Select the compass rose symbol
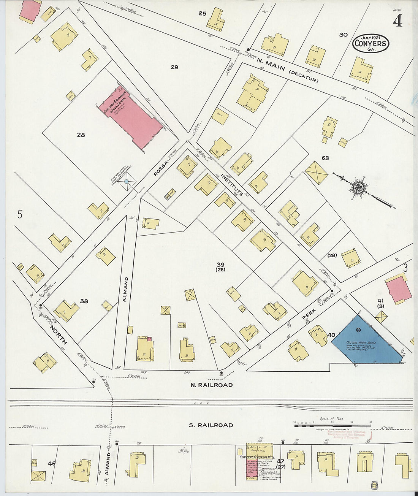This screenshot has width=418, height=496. pos(358,187)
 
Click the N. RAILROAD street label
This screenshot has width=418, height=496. pos(211,385)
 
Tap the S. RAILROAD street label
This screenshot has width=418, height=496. pos(211,425)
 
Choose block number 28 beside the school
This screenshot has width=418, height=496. pos(81,135)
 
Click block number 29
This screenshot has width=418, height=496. pos(174,67)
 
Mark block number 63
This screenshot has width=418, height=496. pos(325,158)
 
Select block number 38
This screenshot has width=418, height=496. pos(84,301)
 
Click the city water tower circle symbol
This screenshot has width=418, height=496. pos(127,182)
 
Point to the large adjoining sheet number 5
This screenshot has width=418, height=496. pos(20,214)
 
